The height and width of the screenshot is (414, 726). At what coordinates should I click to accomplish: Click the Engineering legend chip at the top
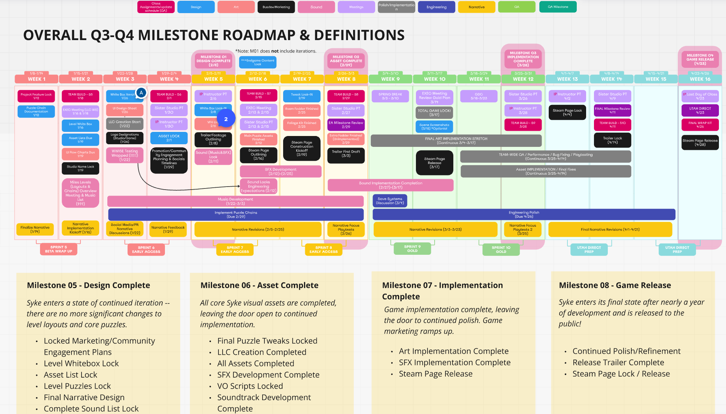(436, 7)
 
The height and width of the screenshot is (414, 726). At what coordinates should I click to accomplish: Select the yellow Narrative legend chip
(477, 7)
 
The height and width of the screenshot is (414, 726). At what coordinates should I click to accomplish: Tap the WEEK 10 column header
(435, 79)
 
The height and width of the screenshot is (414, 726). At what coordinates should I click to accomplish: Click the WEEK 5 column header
(214, 79)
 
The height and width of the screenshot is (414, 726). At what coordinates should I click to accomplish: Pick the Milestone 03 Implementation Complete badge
(523, 59)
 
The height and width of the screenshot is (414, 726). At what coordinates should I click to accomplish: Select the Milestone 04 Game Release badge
(700, 59)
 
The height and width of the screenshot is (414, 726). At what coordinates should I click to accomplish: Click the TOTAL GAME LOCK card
(434, 112)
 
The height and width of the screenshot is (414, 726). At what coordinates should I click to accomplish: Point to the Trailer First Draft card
(346, 154)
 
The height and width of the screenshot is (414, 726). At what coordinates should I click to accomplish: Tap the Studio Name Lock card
(80, 168)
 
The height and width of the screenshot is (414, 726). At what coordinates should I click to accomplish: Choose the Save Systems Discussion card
(390, 201)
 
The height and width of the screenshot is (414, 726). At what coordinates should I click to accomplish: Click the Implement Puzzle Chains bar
(236, 214)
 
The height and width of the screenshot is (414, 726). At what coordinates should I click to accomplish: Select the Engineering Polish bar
(524, 214)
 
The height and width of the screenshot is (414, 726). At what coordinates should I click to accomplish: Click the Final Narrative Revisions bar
(610, 229)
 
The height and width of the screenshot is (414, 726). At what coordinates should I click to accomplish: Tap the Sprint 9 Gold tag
(412, 249)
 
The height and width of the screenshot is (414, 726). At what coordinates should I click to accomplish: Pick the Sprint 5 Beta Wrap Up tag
(59, 249)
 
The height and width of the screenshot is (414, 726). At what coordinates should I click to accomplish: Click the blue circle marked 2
(226, 119)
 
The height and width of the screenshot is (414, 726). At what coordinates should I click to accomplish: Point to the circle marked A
(141, 93)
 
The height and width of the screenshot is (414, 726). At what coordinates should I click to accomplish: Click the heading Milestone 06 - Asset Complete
(259, 285)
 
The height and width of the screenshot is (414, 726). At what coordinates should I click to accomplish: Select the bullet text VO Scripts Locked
(250, 386)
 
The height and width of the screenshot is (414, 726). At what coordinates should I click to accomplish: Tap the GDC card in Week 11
(479, 96)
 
